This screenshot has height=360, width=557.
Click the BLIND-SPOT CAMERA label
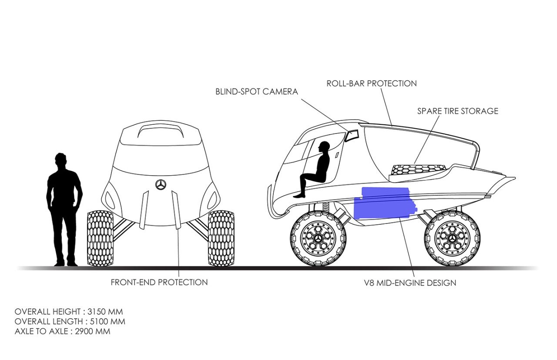click(x=257, y=92)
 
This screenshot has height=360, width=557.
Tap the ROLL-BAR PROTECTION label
click(x=372, y=83)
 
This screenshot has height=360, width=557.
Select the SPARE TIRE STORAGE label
click(x=458, y=111)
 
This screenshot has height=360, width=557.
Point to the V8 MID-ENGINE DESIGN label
click(x=410, y=283)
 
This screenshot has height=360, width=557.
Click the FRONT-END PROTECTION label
click(x=159, y=282)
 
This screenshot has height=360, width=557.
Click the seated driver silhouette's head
click(x=323, y=147)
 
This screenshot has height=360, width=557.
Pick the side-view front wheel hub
click(x=319, y=238)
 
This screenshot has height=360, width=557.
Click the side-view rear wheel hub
click(x=453, y=238)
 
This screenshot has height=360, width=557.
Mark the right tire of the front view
click(x=221, y=238)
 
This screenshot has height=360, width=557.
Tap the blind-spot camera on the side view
click(x=351, y=136)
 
